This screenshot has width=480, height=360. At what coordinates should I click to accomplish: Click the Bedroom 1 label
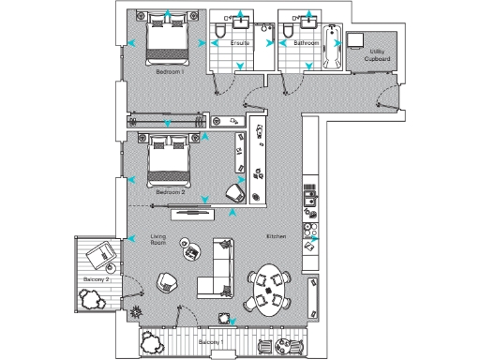tap(170, 71)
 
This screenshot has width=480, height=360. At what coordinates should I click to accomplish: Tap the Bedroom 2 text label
tap(170, 191)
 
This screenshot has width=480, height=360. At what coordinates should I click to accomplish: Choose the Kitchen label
tap(276, 235)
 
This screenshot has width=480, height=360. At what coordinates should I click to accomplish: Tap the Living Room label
tap(158, 240)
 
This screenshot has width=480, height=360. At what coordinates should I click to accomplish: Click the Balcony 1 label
tap(211, 344)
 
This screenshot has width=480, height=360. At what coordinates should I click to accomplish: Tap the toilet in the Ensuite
tap(217, 35)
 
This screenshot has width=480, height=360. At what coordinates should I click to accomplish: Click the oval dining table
tap(273, 289)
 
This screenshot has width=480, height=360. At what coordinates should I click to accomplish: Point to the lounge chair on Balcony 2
tap(100, 254)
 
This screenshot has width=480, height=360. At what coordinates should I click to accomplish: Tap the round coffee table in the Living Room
tap(186, 247)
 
